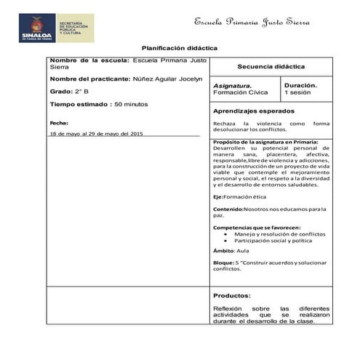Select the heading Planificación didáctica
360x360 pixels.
[179, 47]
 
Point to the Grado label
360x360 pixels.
[61, 92]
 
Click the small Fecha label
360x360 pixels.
[59, 123]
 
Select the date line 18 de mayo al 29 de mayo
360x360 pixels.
[96, 135]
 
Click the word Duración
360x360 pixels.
[300, 85]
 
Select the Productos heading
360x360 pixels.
[232, 295]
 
